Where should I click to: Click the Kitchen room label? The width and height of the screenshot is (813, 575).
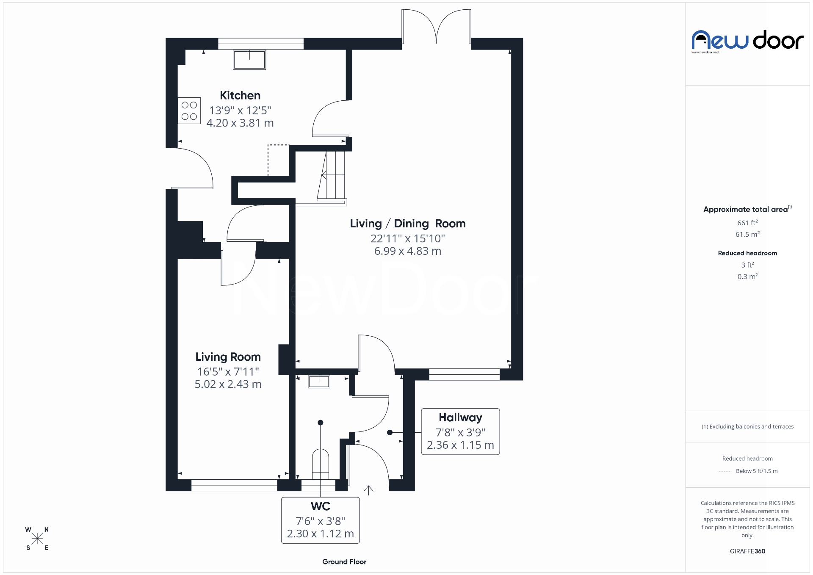click(x=240, y=95)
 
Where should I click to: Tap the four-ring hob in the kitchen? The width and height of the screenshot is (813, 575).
click(x=189, y=111)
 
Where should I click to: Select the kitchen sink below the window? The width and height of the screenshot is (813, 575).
click(x=249, y=60)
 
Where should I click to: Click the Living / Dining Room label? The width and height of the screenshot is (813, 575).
click(x=407, y=224)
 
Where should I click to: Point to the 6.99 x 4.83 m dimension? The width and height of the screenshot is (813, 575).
click(x=407, y=251)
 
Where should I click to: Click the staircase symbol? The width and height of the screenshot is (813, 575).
click(x=332, y=175)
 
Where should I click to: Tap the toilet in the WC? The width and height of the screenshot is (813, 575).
click(x=321, y=463)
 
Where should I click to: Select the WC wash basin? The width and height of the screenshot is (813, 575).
click(x=319, y=381)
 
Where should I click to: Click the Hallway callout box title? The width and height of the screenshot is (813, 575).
click(x=460, y=418)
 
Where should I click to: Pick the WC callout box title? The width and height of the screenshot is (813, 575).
click(x=320, y=506)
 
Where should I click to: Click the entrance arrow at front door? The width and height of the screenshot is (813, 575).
click(x=368, y=490)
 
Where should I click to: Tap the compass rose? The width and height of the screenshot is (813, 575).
click(x=37, y=539)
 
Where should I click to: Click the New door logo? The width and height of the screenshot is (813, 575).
click(x=747, y=41)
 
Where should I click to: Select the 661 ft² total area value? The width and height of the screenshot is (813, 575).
click(x=747, y=223)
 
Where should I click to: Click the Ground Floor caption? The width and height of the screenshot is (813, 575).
click(x=344, y=562)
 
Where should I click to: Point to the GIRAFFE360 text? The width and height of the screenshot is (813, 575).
click(x=747, y=551)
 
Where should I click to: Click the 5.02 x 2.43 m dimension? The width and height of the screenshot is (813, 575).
click(x=228, y=384)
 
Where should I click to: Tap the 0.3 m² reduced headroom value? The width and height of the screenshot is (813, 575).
click(x=747, y=276)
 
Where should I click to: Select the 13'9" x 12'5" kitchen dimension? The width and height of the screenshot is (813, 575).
click(x=240, y=111)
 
